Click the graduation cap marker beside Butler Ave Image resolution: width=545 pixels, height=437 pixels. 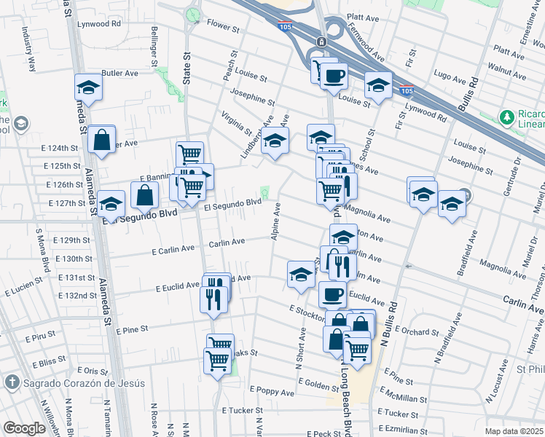(x=88, y=87)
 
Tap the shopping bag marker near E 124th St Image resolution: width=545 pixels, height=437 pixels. (x=102, y=138)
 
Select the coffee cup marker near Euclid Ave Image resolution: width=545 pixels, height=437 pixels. (x=332, y=294)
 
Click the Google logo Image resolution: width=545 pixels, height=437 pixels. (x=24, y=428)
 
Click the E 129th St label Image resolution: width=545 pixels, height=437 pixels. (x=76, y=240)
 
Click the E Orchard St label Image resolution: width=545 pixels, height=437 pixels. (x=419, y=331)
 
